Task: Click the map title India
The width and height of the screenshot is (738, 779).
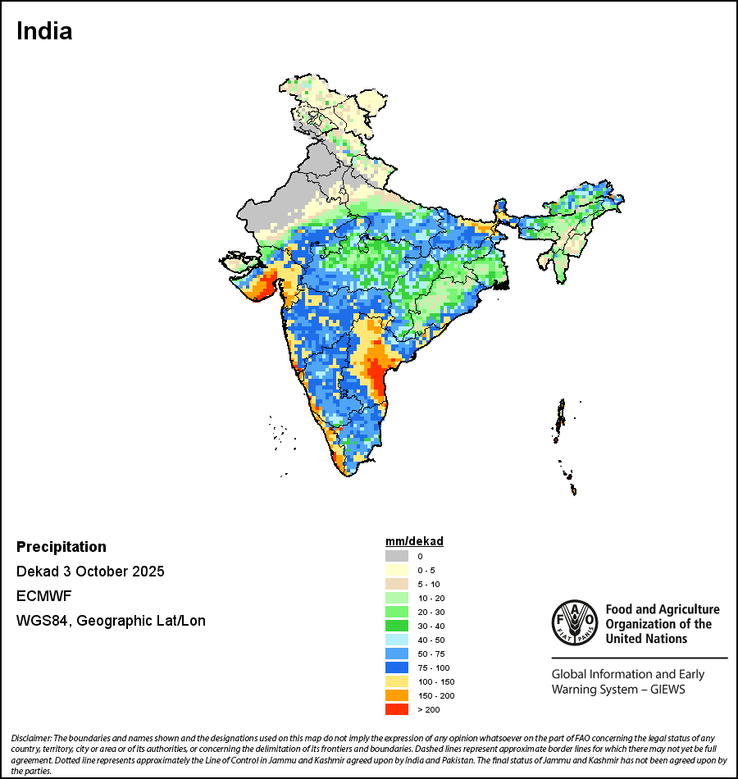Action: click(x=44, y=31)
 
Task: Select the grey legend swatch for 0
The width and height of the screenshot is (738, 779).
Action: click(x=397, y=556)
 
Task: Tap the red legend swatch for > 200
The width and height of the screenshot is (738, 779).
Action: click(x=397, y=709)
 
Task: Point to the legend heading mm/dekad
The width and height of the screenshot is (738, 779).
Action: click(x=414, y=541)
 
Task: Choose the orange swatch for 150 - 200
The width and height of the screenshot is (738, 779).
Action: click(x=397, y=695)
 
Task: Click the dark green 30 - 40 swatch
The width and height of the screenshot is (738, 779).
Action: click(x=397, y=626)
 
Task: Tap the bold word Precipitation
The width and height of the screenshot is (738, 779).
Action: click(x=61, y=547)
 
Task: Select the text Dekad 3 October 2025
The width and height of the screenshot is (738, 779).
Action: click(x=90, y=572)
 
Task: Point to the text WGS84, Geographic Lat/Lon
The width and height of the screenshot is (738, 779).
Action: click(x=111, y=621)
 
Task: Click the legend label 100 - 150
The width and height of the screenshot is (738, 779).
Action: click(x=435, y=681)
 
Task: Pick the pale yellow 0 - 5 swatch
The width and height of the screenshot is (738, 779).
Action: click(x=397, y=570)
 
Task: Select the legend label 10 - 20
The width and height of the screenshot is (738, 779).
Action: click(x=430, y=598)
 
